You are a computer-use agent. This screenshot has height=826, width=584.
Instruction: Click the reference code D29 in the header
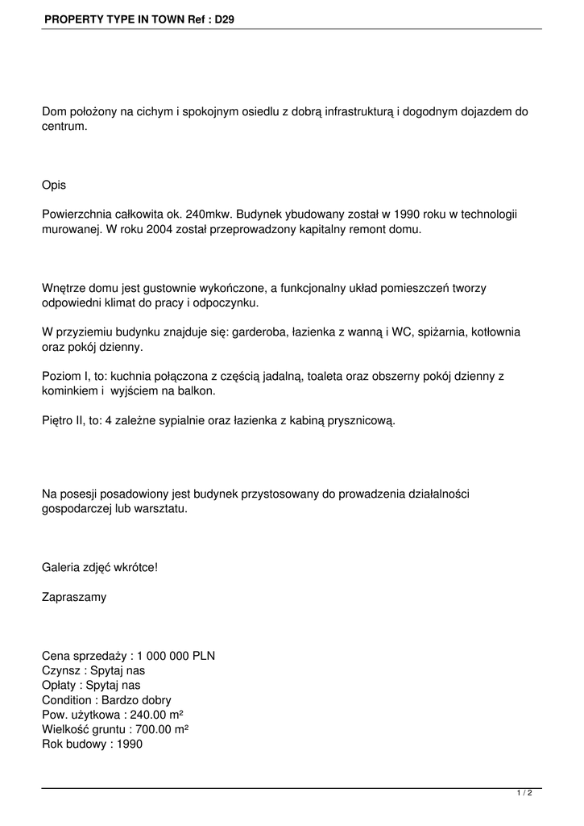[x=225, y=17]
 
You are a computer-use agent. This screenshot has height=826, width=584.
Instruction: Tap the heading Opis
[x=54, y=185]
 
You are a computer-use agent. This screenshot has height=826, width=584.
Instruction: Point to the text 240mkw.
[x=208, y=215]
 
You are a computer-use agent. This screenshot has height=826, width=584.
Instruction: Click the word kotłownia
[x=495, y=332]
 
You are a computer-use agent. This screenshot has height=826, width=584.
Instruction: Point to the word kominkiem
[x=70, y=390]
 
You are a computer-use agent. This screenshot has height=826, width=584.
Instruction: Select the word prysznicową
[x=362, y=420]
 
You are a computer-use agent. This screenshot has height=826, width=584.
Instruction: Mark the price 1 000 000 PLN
[x=176, y=656]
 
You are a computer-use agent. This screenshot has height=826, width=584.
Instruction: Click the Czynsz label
[x=61, y=670]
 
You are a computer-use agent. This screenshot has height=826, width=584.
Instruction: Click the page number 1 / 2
[x=524, y=794]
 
